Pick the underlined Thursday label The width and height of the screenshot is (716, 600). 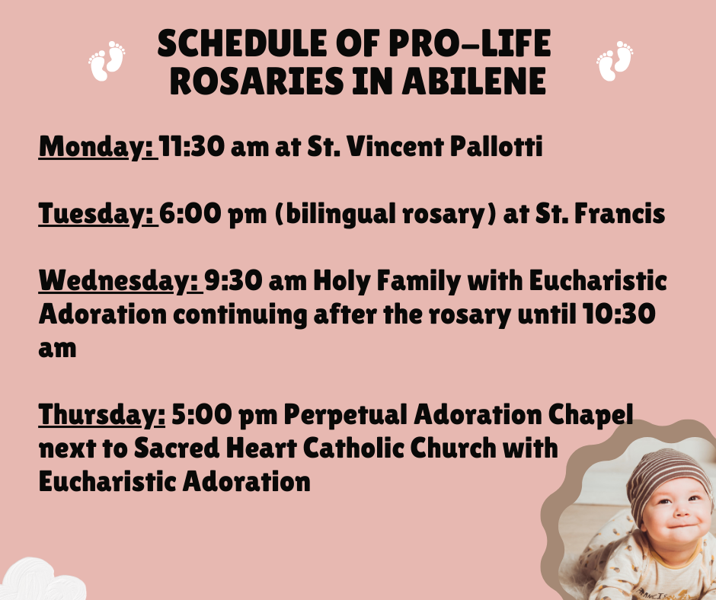[x=102, y=415]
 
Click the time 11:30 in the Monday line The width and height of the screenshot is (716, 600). [x=192, y=147]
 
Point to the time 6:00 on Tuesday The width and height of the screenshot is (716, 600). [x=190, y=214]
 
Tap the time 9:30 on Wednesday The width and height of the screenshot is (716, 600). [x=233, y=280]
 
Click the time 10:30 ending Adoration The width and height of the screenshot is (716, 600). [x=619, y=314]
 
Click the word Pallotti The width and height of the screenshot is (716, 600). [x=497, y=147]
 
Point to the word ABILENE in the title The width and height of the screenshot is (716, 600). [x=474, y=81]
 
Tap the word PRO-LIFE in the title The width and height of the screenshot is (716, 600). [x=470, y=43]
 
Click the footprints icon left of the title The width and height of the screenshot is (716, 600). [x=107, y=61]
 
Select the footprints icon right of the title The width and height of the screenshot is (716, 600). [x=615, y=61]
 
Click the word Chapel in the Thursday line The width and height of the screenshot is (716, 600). [x=590, y=416]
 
